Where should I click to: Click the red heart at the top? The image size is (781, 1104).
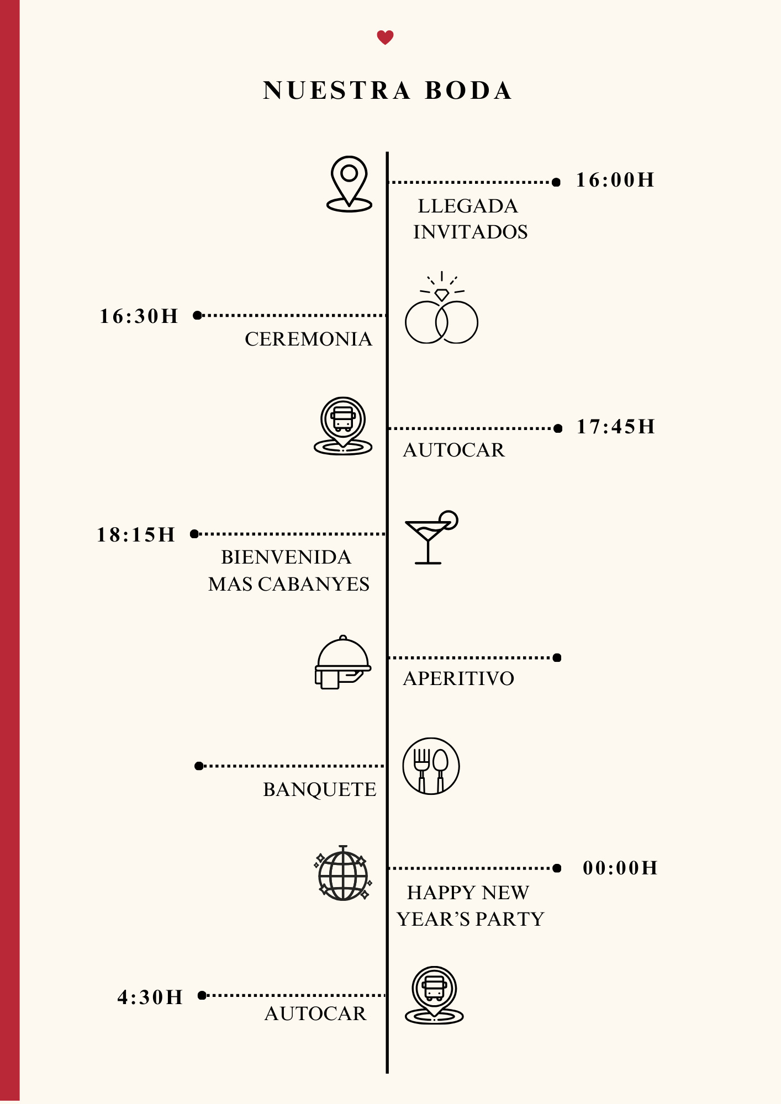[385, 38]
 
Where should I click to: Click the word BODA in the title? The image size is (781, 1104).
[468, 91]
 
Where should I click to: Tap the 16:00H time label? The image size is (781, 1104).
[615, 181]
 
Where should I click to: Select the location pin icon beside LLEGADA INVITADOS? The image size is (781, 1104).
[349, 184]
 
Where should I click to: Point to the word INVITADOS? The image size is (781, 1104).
[471, 232]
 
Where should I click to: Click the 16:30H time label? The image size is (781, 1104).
[139, 316]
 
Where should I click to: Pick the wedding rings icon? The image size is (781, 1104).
[441, 311]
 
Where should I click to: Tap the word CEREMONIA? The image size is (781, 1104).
[308, 339]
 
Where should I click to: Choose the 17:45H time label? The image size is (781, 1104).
[616, 427]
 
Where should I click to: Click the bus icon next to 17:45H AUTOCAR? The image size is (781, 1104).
[343, 426]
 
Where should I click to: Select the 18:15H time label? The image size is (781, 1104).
[136, 535]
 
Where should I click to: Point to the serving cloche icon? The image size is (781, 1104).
[342, 662]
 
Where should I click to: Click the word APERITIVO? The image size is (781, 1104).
[458, 678]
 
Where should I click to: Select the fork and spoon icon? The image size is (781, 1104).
[431, 766]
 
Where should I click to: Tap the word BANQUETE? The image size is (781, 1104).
[319, 789]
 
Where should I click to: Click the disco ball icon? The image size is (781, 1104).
[343, 874]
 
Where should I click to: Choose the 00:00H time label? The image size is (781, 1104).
[620, 868]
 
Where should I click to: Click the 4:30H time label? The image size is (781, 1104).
[150, 997]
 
